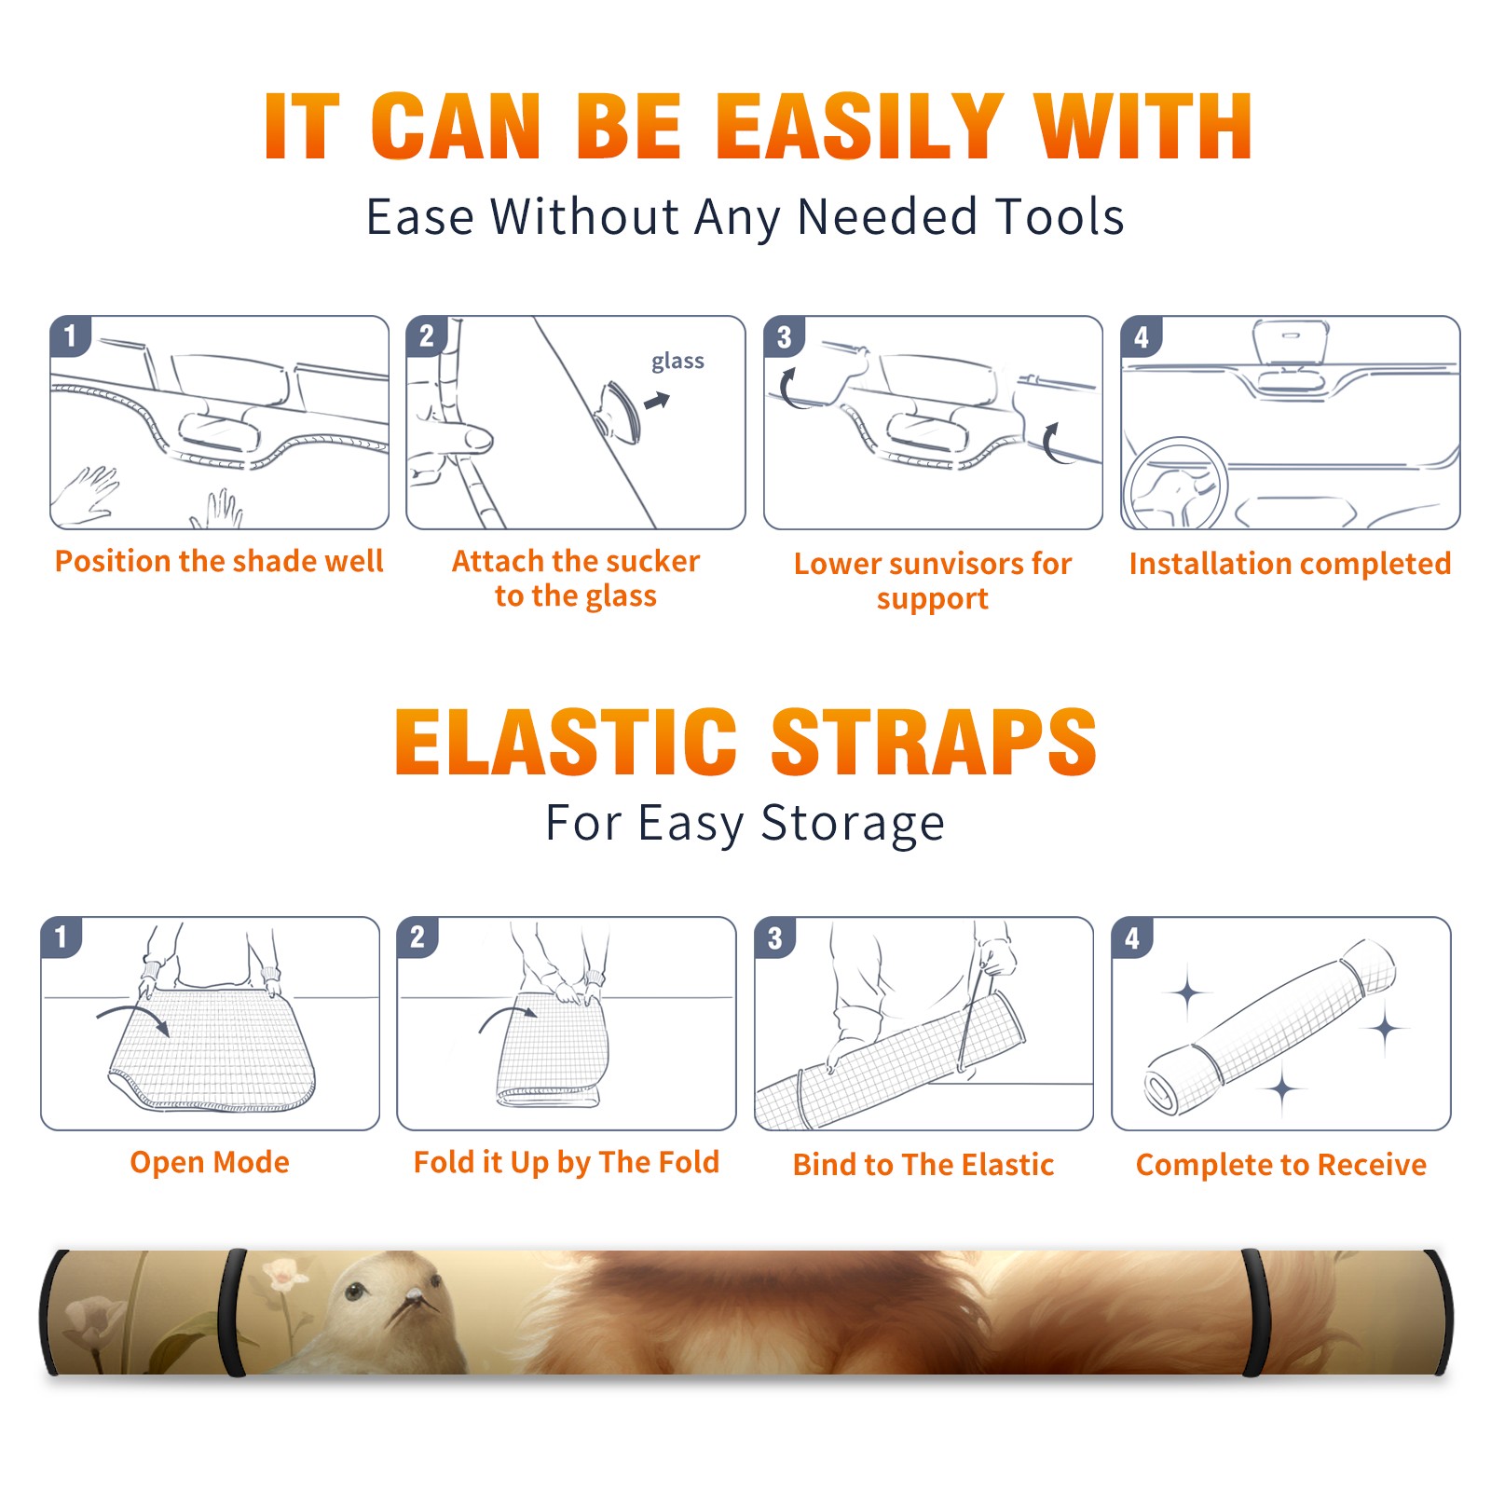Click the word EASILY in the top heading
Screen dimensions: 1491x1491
[858, 127]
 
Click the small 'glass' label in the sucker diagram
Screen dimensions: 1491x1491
[677, 361]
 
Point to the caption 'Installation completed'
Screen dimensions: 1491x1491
[1290, 563]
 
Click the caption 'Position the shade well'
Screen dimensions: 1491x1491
[219, 561]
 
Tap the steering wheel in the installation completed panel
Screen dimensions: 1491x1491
[1175, 484]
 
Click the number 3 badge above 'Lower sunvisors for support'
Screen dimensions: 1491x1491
[784, 336]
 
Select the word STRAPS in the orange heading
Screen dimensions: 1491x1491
[934, 742]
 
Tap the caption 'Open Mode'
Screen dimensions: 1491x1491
[210, 1162]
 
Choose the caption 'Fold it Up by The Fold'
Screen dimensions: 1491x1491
[567, 1162]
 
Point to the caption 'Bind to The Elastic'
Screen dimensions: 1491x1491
[923, 1165]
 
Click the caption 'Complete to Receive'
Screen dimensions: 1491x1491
[1281, 1165]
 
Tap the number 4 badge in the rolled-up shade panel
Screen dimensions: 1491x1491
[1132, 937]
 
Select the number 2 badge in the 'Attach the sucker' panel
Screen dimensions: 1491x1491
[427, 336]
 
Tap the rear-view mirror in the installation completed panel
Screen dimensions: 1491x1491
[1291, 342]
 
